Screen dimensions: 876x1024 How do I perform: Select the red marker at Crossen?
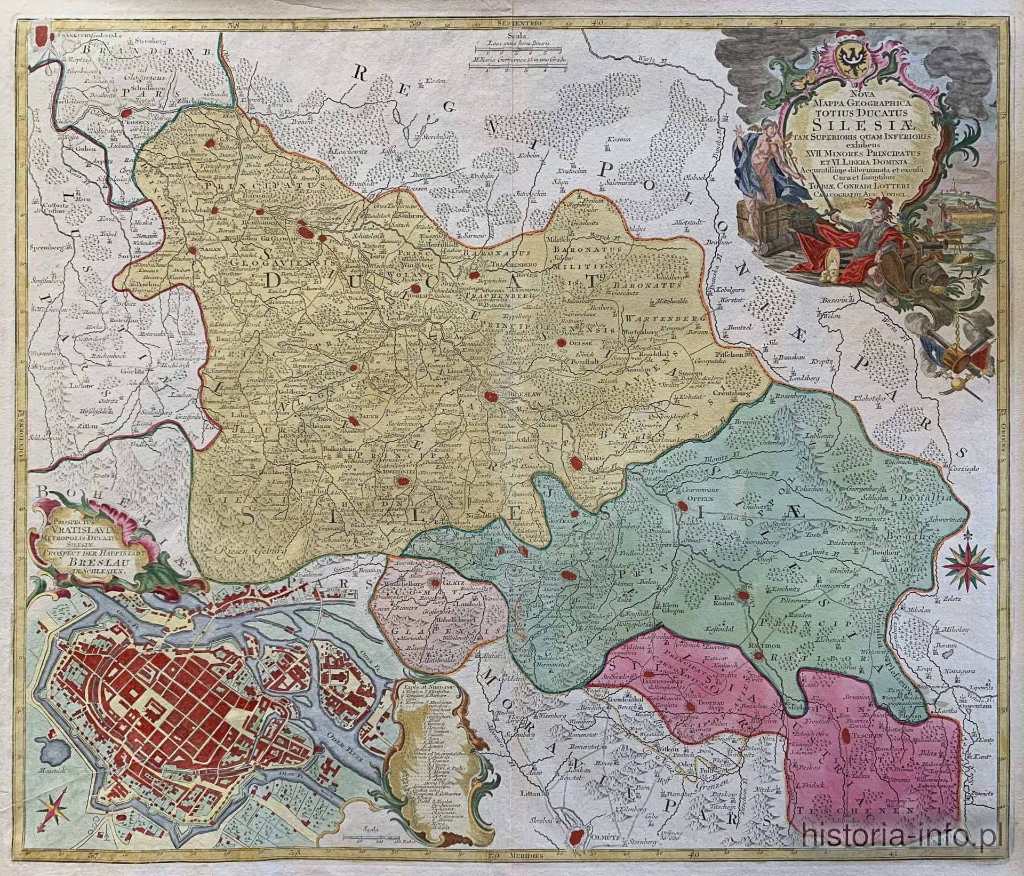tap(126, 113)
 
